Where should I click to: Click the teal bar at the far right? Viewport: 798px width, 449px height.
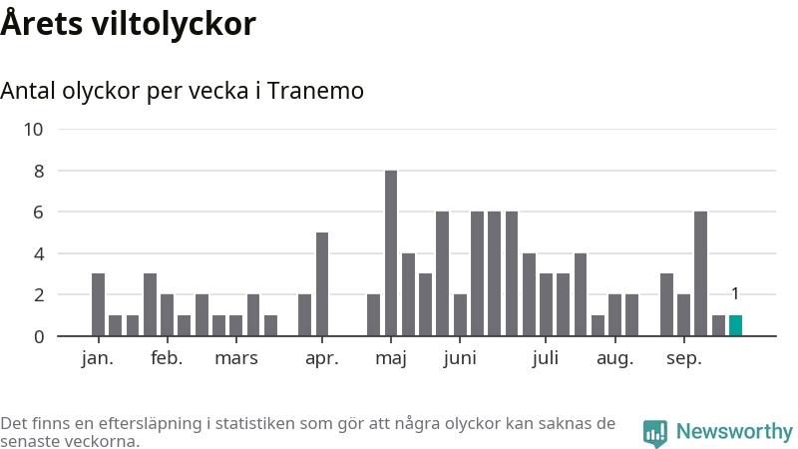click(735, 325)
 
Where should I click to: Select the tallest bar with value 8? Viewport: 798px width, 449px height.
click(391, 253)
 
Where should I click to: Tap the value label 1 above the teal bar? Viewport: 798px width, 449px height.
click(735, 293)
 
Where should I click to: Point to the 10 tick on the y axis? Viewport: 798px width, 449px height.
click(34, 129)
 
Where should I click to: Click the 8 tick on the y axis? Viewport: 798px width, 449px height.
click(39, 171)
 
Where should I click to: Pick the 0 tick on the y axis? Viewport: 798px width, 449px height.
click(39, 336)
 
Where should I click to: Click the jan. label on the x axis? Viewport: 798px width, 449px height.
click(98, 358)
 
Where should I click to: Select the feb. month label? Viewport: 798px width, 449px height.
click(167, 358)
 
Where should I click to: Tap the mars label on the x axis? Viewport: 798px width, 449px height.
click(236, 358)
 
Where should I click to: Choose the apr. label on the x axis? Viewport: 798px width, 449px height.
click(322, 358)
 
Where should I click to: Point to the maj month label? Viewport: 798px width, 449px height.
click(391, 358)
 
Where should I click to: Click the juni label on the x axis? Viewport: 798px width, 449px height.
click(460, 358)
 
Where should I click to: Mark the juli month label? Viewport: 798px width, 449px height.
click(546, 358)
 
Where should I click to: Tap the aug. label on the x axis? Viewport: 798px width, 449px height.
click(614, 358)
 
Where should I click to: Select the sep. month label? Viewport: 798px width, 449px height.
click(683, 358)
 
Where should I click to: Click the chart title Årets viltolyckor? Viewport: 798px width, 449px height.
click(129, 24)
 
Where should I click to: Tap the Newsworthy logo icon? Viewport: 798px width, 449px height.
click(655, 432)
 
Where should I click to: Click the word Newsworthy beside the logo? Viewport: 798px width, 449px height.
click(734, 432)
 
